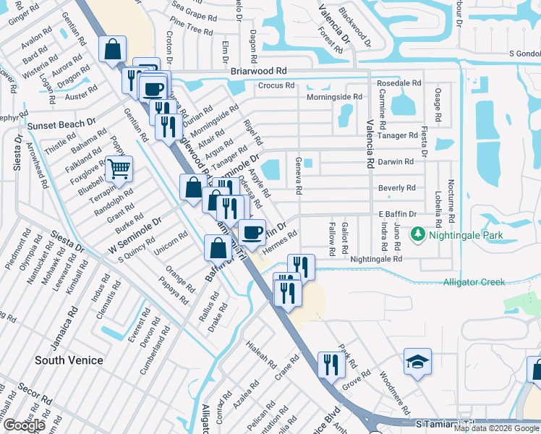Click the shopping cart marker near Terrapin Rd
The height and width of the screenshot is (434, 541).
pyautogui.click(x=119, y=169)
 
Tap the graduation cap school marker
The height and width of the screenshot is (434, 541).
pyautogui.click(x=417, y=362)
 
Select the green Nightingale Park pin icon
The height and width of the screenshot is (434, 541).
pyautogui.click(x=417, y=234)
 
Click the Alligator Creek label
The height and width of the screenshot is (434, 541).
pyautogui.click(x=474, y=282)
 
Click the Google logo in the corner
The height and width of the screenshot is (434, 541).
pyautogui.click(x=24, y=425)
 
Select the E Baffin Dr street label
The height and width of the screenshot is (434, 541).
pyautogui.click(x=397, y=214)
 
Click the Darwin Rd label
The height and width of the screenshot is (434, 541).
pyautogui.click(x=396, y=162)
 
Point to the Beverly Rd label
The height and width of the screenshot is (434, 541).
pyautogui.click(x=396, y=188)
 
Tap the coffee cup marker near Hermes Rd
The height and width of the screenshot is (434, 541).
pyautogui.click(x=252, y=231)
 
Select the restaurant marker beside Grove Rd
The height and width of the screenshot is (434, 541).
pyautogui.click(x=331, y=363)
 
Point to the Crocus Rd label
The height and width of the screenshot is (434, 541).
pyautogui.click(x=276, y=85)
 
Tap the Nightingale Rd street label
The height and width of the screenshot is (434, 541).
pyautogui.click(x=375, y=258)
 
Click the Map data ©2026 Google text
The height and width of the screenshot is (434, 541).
pyautogui.click(x=495, y=428)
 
